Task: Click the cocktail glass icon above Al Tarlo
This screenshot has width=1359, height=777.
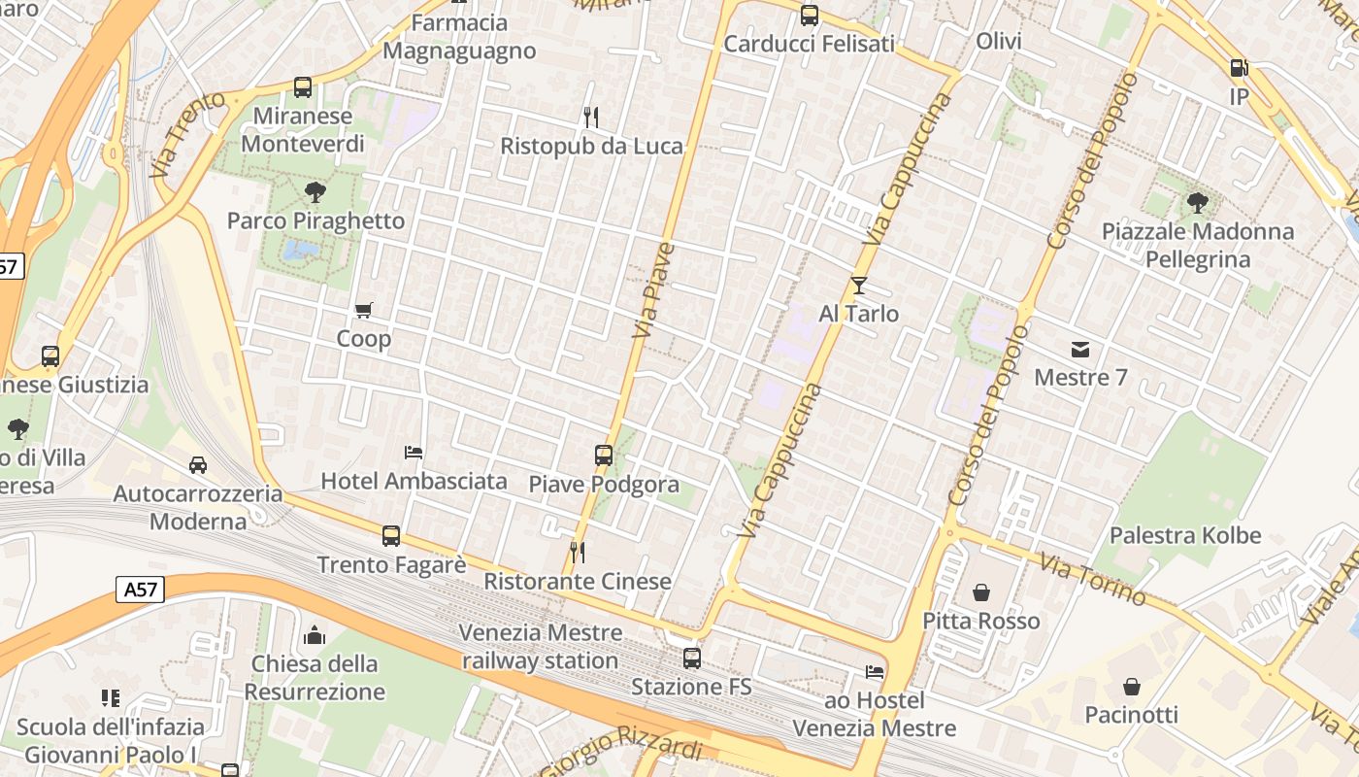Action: tap(858, 285)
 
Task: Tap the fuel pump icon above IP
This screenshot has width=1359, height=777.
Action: tap(1239, 68)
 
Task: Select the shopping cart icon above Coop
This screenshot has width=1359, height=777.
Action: tap(363, 311)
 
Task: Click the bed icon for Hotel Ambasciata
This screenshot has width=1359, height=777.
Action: tap(414, 452)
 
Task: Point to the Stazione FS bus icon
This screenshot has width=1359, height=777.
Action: tap(691, 658)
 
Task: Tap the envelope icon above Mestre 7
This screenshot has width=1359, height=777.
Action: tap(1080, 349)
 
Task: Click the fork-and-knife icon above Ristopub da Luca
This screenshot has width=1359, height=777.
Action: tap(590, 118)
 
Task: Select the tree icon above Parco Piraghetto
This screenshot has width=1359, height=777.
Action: tap(314, 191)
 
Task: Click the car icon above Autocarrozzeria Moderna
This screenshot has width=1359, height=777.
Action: tap(198, 465)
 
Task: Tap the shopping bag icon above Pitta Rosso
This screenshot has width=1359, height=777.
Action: tap(980, 591)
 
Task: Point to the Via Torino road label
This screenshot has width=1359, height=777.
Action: tap(1093, 579)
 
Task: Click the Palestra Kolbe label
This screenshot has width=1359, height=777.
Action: tap(1184, 535)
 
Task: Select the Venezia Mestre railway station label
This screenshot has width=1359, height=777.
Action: tap(540, 646)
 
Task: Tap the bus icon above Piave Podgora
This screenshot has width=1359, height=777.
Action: tap(603, 455)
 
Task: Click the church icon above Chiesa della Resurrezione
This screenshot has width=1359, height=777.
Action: tap(315, 636)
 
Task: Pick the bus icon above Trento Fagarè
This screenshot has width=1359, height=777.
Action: tap(391, 535)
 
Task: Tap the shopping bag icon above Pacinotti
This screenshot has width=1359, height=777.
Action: tap(1131, 687)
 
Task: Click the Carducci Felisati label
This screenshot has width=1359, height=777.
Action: tap(809, 44)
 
